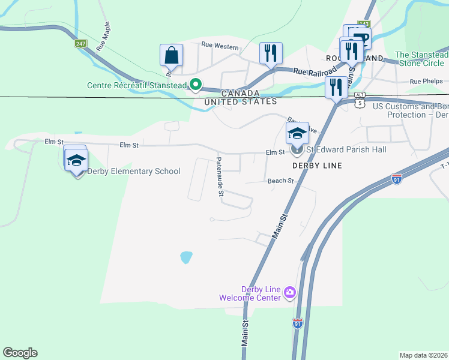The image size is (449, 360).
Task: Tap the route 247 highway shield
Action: point(80,44)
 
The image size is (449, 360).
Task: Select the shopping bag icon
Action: point(171,55)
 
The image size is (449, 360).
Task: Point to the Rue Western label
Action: point(220,45)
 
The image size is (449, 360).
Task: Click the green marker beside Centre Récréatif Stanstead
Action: point(195,85)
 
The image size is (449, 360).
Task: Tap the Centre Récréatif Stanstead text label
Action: point(137,85)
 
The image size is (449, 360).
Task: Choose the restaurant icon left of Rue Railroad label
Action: point(271,53)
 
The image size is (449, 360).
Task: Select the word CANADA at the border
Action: point(240,93)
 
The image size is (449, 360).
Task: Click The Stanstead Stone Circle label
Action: point(421,59)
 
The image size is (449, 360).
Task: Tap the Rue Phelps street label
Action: point(426,81)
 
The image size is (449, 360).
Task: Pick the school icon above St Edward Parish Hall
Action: point(297,133)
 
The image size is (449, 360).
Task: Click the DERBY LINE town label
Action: point(316,166)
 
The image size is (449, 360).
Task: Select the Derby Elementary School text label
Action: point(134,171)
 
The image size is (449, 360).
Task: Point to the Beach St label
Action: point(280,180)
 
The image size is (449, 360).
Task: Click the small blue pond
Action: point(186,257)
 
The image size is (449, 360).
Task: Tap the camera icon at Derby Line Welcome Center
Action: point(290,292)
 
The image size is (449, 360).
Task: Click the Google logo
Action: point(20,353)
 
